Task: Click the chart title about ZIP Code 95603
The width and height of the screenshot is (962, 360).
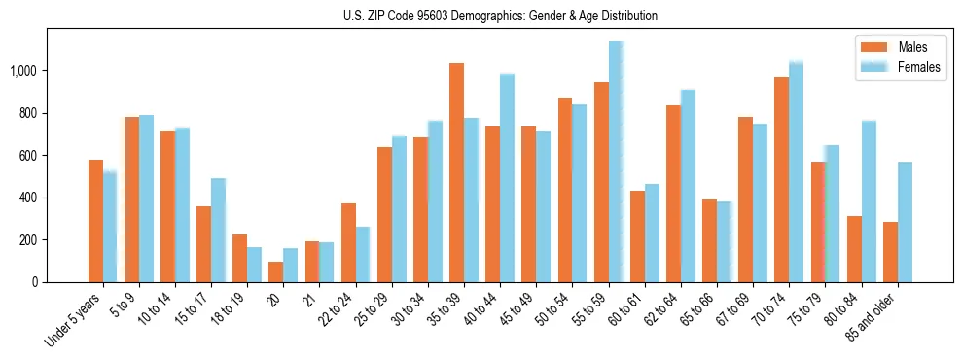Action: coord(500,16)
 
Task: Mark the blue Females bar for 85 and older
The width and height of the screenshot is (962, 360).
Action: coord(905,222)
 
